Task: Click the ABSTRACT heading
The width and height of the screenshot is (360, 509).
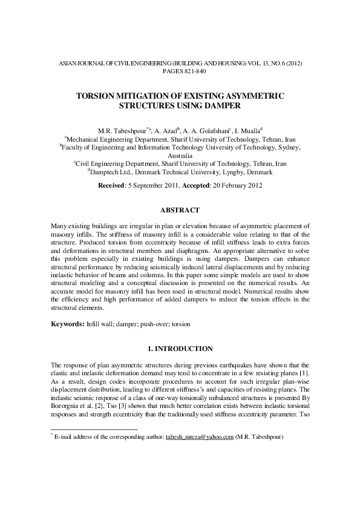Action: tap(180, 210)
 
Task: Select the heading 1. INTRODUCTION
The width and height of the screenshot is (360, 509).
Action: tap(180, 349)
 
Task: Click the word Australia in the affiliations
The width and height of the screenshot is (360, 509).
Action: tap(180, 155)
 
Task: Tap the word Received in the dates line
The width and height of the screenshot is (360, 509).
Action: tap(111, 185)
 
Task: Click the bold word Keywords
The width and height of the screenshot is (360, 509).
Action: tap(65, 324)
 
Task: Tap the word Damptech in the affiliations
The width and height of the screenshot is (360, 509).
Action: tap(105, 172)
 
